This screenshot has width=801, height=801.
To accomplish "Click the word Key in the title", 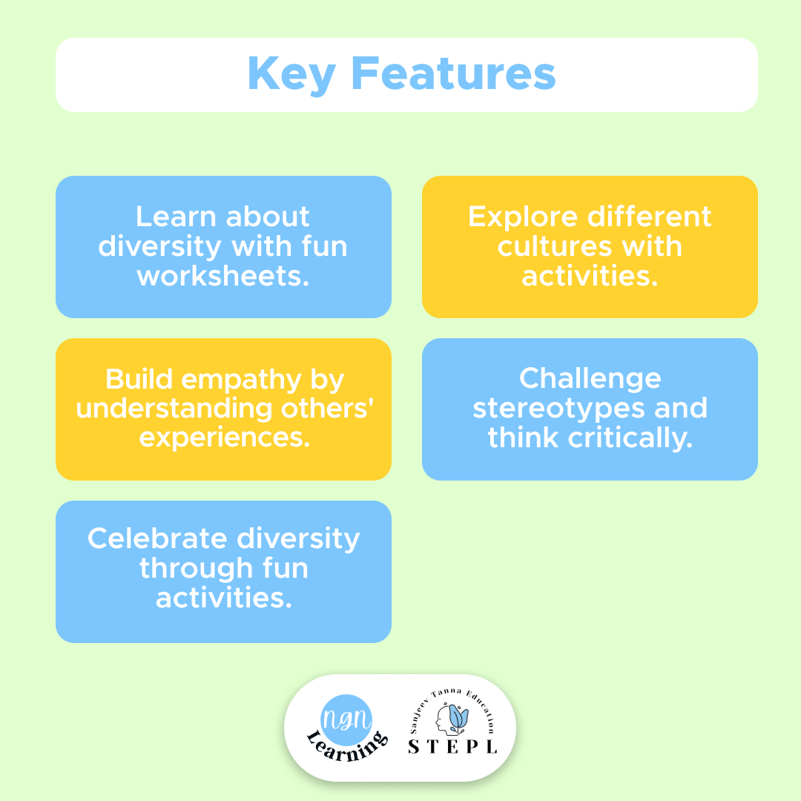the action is [x=291, y=75].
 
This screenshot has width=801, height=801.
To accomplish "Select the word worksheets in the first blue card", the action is [x=223, y=276].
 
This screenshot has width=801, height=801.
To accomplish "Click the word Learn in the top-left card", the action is [x=177, y=217].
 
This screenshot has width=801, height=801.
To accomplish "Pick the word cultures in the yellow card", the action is [x=556, y=247].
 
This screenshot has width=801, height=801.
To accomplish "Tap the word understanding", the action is [x=174, y=409].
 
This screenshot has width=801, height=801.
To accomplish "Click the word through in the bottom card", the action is [x=196, y=569].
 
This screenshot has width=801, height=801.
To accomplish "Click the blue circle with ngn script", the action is [x=346, y=719].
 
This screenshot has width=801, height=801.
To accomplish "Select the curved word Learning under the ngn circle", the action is [x=347, y=747].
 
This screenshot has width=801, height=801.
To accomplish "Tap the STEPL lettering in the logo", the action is [x=452, y=747].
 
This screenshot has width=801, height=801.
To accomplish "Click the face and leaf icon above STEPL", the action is [x=452, y=718].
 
